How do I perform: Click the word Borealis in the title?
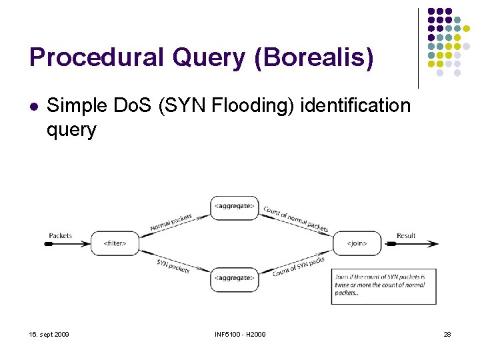314,58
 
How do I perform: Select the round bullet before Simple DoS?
33,106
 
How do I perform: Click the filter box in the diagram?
115,244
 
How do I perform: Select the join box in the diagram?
357,244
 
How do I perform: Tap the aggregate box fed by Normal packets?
234,207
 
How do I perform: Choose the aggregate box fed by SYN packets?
234,278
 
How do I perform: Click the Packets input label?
61,236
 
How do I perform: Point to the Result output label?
406,236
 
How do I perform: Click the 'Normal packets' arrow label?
171,221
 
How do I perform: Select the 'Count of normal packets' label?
296,219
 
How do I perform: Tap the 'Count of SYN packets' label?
298,267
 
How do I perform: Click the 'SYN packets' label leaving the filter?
173,265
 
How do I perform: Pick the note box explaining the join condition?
383,284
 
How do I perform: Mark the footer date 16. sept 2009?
49,334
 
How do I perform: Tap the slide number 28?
447,334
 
